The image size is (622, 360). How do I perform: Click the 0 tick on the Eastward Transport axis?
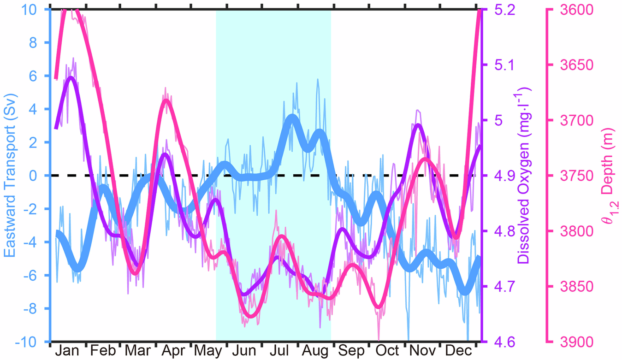(40, 176)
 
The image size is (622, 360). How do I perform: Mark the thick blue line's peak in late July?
(292, 117)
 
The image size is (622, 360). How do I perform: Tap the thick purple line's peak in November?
(417, 125)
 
